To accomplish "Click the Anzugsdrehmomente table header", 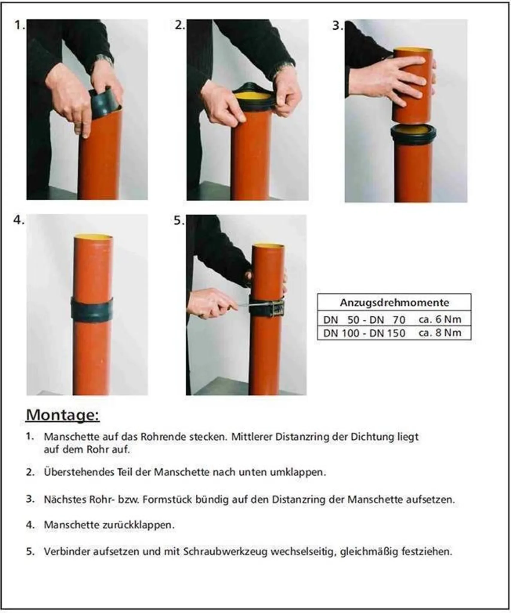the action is [x=394, y=303].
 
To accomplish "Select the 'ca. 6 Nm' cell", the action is [x=440, y=319].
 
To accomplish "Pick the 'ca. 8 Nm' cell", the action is [x=440, y=333].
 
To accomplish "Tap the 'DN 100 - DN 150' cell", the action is [x=364, y=333].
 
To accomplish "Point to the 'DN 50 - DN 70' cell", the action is [x=364, y=320].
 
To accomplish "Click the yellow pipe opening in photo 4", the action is [x=94, y=238].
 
